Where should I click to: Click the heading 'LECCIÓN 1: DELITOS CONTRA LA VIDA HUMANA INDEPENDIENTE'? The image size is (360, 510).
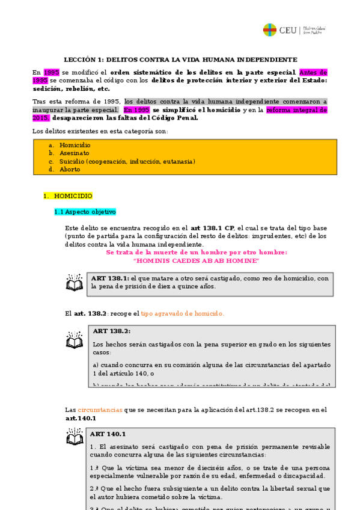pyautogui.click(x=181, y=60)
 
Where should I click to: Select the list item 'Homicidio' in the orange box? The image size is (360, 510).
pyautogui.click(x=75, y=145)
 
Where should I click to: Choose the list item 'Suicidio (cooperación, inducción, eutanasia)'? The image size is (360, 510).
pyautogui.click(x=127, y=161)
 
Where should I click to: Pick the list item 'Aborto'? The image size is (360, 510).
pyautogui.click(x=70, y=169)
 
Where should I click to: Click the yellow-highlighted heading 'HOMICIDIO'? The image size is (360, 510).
pyautogui.click(x=73, y=196)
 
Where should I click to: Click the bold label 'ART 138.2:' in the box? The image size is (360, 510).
pyautogui.click(x=112, y=331)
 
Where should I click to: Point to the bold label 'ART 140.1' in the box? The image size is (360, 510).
pyautogui.click(x=108, y=434)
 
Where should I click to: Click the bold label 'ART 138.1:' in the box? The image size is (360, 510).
pyautogui.click(x=110, y=278)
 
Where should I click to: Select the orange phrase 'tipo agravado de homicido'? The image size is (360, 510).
pyautogui.click(x=182, y=313)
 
